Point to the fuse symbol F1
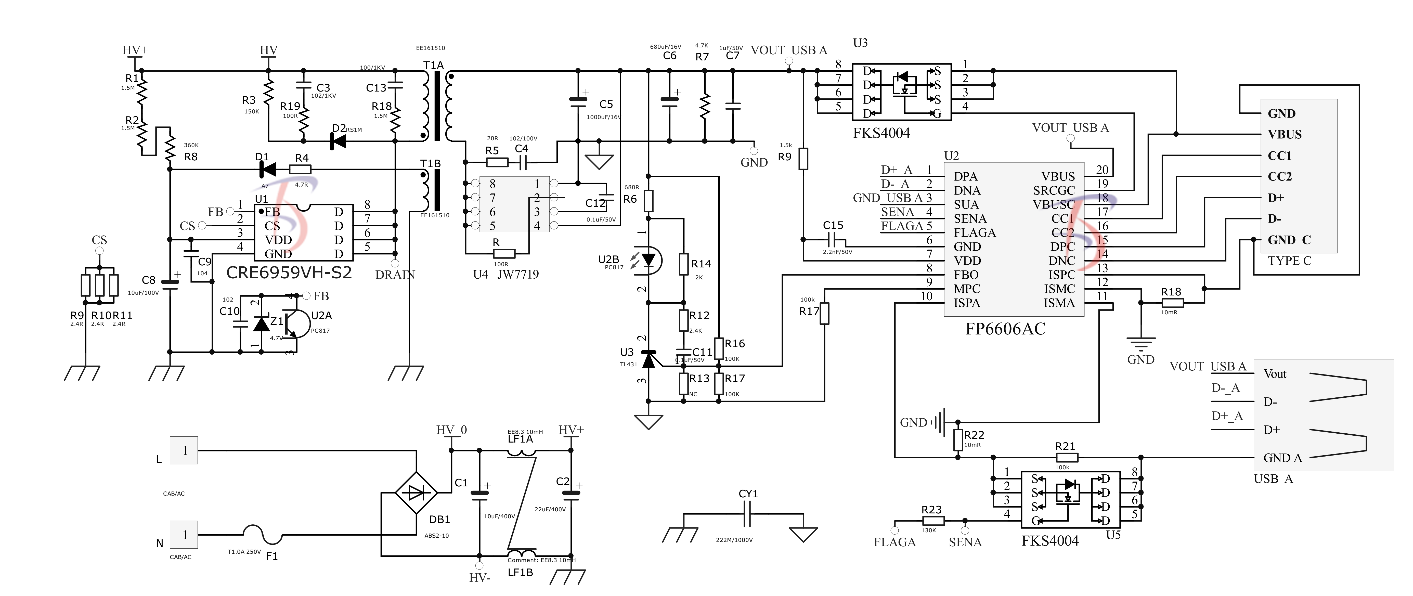(x=262, y=535)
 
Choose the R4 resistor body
(x=300, y=170)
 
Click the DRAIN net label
(x=395, y=275)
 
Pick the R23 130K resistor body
(x=932, y=521)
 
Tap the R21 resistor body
(x=1066, y=457)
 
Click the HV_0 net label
(x=451, y=430)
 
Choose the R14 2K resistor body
(x=683, y=264)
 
